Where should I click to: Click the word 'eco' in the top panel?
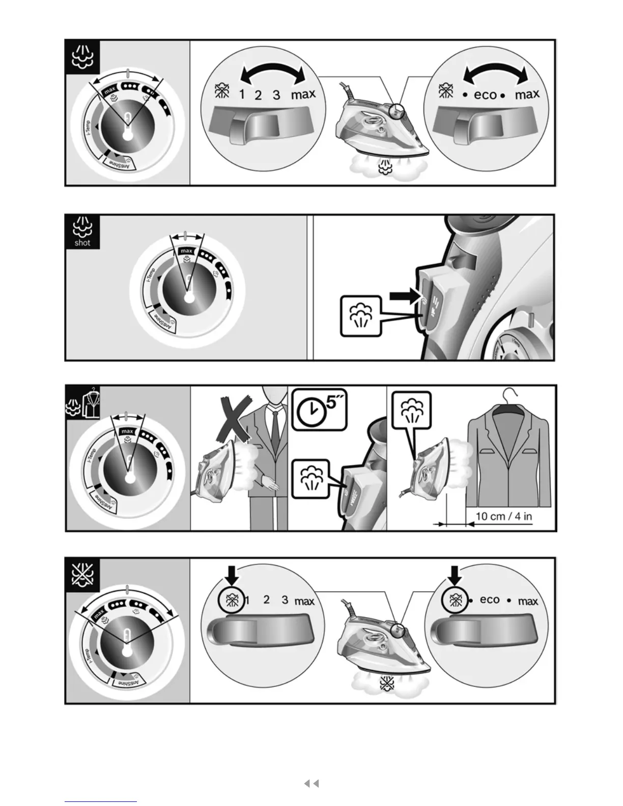pyautogui.click(x=485, y=95)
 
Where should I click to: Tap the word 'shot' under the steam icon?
pyautogui.click(x=82, y=243)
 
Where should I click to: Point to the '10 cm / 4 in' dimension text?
pyautogui.click(x=503, y=516)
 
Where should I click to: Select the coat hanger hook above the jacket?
pyautogui.click(x=511, y=394)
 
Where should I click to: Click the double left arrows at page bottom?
pyautogui.click(x=311, y=784)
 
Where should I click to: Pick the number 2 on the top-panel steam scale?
pyautogui.click(x=258, y=95)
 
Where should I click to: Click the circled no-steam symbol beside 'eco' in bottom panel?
pyautogui.click(x=455, y=601)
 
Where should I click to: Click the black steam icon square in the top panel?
pyautogui.click(x=83, y=57)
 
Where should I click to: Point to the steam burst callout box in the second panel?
pyautogui.click(x=360, y=316)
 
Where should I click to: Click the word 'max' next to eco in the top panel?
pyautogui.click(x=527, y=95)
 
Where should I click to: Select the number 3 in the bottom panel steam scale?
pyautogui.click(x=285, y=600)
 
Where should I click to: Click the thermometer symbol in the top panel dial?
pyautogui.click(x=127, y=125)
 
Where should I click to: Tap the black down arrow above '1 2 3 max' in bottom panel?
pyautogui.click(x=232, y=574)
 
